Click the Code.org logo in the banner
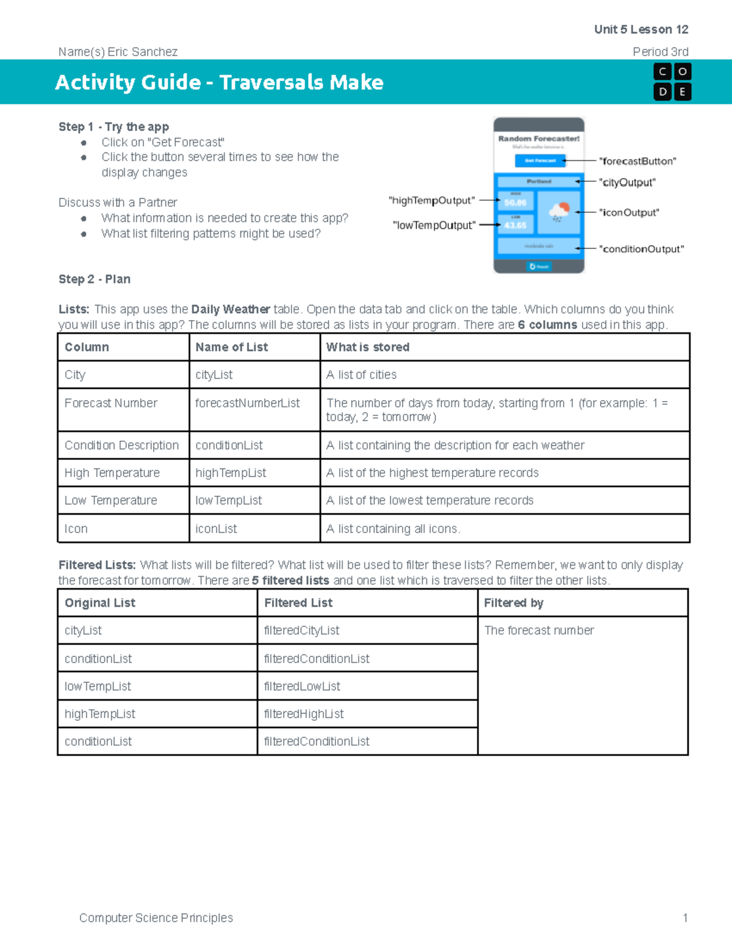pos(672,82)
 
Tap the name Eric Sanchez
pos(142,52)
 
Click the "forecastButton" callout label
pos(637,161)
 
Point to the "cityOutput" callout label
pos(627,182)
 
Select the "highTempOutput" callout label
pos(432,201)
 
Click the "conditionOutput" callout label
pos(641,249)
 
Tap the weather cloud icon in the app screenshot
pos(559,212)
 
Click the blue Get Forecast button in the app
pos(540,160)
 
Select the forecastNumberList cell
pos(247,403)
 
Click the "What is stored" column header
pos(367,347)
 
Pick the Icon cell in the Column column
pos(76,529)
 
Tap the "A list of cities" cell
pos(361,374)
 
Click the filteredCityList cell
pos(301,631)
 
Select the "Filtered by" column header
pos(513,602)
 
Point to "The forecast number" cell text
pos(539,631)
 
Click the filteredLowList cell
pos(302,686)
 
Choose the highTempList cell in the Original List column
pos(100,713)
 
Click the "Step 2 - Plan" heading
pos(95,279)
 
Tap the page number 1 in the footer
pos(685,918)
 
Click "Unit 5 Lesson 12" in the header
pos(640,29)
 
